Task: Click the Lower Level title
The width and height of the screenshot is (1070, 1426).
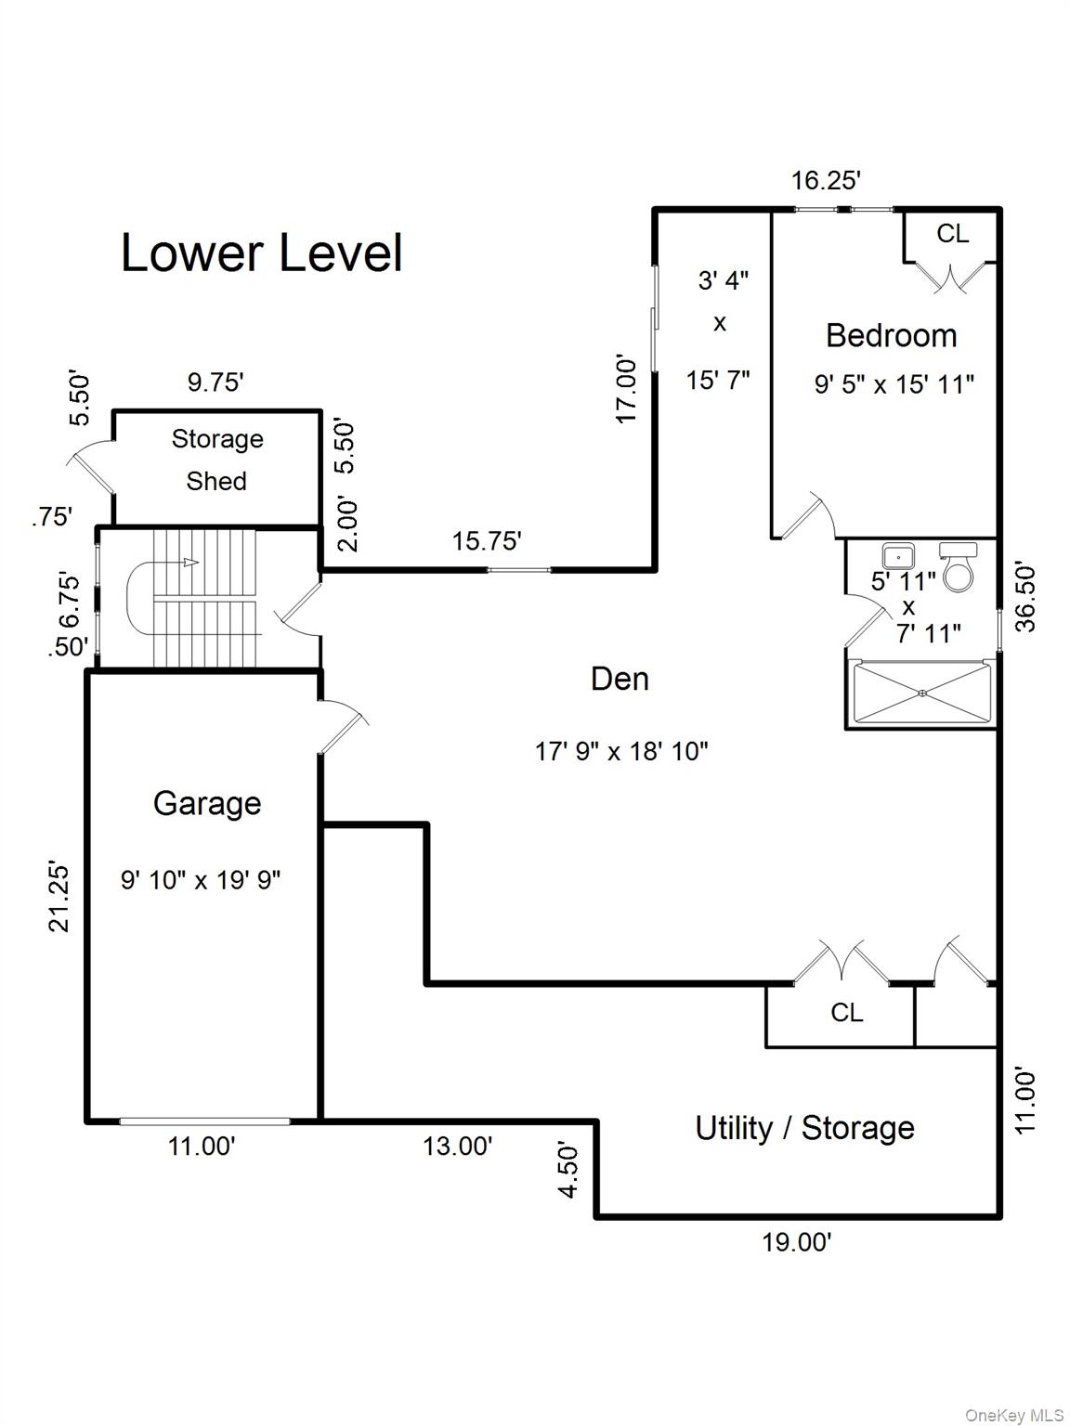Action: pyautogui.click(x=262, y=253)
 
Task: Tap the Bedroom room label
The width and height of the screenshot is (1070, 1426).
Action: pyautogui.click(x=891, y=335)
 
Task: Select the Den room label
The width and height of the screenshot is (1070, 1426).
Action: pyautogui.click(x=620, y=679)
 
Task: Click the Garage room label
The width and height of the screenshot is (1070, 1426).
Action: pyautogui.click(x=206, y=803)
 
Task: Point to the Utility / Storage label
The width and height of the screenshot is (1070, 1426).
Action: pyautogui.click(x=804, y=1128)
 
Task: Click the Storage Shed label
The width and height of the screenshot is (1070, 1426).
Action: pyautogui.click(x=216, y=460)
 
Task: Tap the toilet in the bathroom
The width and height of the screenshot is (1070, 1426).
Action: pyautogui.click(x=959, y=567)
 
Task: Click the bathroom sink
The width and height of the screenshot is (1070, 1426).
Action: pyautogui.click(x=898, y=557)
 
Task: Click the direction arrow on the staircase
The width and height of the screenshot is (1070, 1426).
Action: pyautogui.click(x=189, y=562)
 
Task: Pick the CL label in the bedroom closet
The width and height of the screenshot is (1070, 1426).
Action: pyautogui.click(x=952, y=234)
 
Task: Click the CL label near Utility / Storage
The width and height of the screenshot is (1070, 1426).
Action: pyautogui.click(x=846, y=1012)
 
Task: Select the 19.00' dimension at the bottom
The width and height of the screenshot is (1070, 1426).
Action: pyautogui.click(x=796, y=1242)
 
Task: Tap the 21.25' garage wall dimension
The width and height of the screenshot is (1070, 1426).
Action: pyautogui.click(x=59, y=897)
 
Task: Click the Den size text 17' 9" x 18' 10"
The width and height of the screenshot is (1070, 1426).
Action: pyautogui.click(x=621, y=751)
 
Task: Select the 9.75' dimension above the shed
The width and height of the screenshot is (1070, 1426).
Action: pyautogui.click(x=215, y=382)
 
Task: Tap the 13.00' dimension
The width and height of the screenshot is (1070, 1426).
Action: pyautogui.click(x=457, y=1147)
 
